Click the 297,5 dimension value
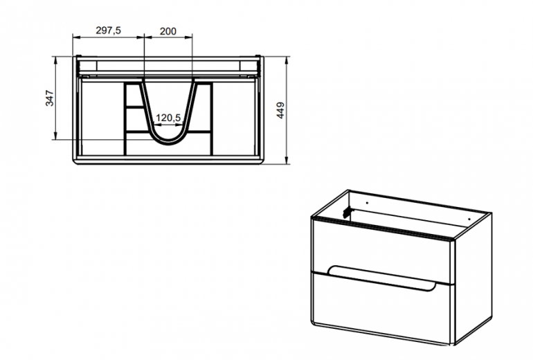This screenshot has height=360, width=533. pos(108,30)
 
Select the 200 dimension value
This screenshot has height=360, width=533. pos(168,31)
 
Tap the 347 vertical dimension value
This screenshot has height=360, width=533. pos(50,98)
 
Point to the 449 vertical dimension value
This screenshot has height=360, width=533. pos(280,110)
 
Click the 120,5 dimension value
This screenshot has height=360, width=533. pos(168,118)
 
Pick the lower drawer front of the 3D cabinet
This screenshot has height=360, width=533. pos(381,306)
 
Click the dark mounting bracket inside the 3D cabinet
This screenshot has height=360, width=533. pos(347,213)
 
